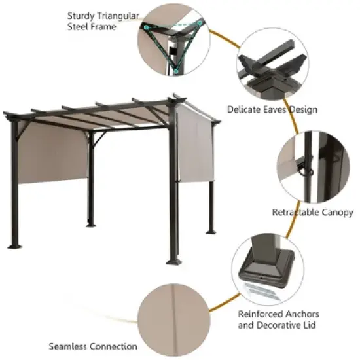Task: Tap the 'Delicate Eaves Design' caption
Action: point(272,109)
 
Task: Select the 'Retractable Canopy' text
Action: point(312,212)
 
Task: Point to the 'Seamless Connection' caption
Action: point(93,346)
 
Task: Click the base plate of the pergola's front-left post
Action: point(14,247)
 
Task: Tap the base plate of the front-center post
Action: point(173,262)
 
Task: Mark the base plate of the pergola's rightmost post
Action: point(211,231)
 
